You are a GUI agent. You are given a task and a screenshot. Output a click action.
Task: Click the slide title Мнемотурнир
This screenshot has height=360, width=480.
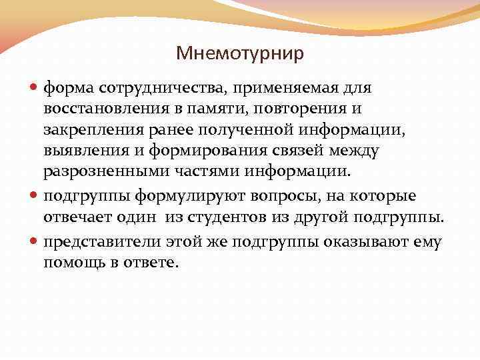click(240, 53)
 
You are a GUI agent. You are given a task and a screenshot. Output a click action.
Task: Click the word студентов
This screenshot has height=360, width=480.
click(233, 217)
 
